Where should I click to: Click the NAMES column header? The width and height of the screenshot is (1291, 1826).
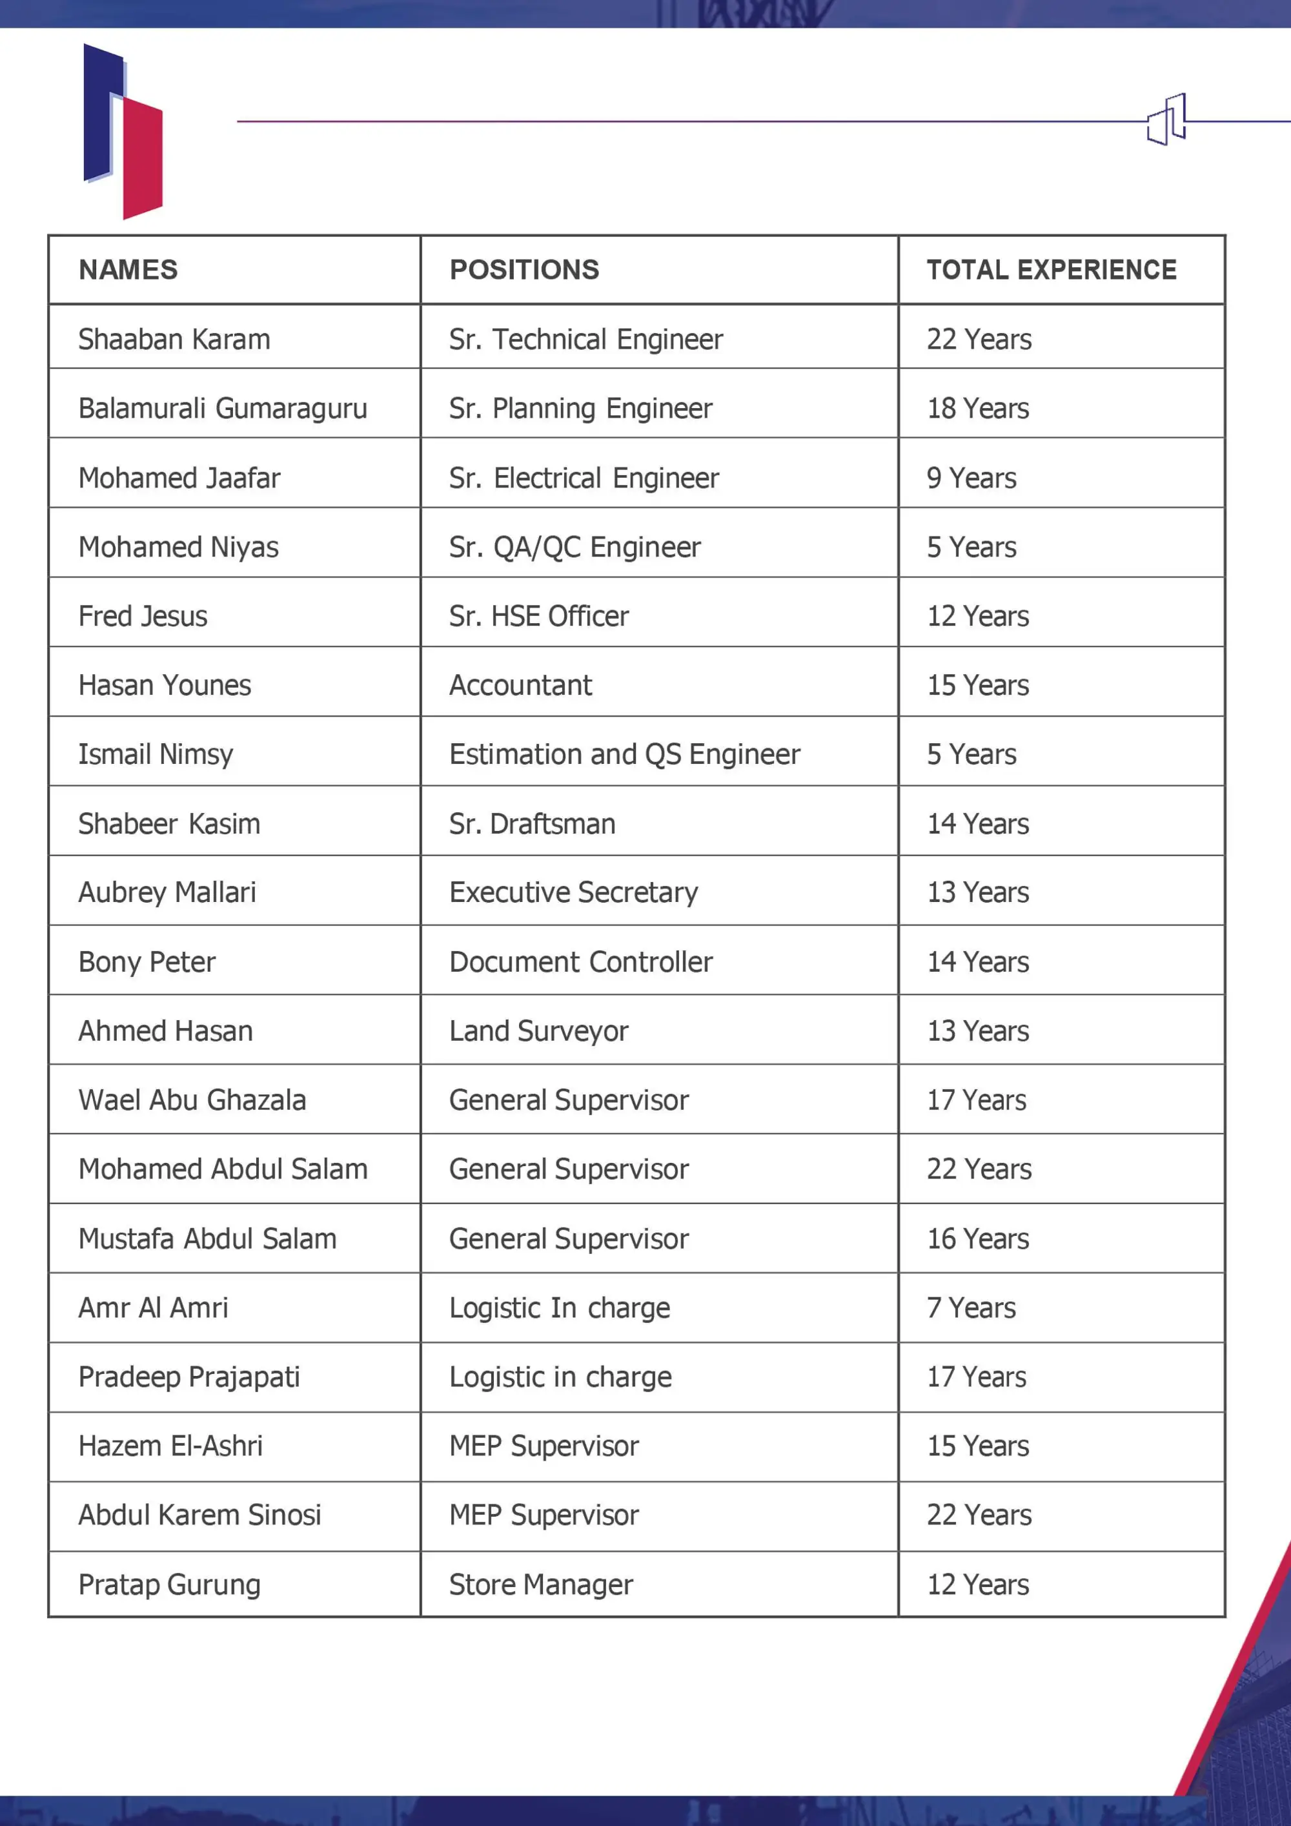[x=128, y=270]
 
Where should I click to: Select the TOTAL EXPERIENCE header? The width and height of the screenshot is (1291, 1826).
[x=1051, y=270]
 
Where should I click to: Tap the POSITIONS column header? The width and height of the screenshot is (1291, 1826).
[x=524, y=270]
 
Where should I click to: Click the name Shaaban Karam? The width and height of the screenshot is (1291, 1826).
[x=174, y=340]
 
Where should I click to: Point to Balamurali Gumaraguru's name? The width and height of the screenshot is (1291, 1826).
[x=223, y=409]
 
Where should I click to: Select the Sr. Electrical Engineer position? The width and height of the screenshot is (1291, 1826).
[x=584, y=478]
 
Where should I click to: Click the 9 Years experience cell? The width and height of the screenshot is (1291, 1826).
[x=971, y=478]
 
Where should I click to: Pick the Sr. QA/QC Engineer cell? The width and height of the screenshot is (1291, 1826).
[x=574, y=547]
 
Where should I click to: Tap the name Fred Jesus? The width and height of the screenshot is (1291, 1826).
[x=143, y=617]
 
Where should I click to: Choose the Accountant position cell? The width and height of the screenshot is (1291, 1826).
[x=521, y=686]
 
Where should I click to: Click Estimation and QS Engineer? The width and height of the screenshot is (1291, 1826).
[x=624, y=755]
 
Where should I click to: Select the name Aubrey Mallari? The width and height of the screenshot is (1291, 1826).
[x=167, y=892]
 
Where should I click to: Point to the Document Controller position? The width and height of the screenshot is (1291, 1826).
[x=580, y=962]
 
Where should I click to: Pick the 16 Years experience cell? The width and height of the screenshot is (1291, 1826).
[x=977, y=1239]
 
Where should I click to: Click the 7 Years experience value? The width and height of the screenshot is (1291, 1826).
[x=971, y=1308]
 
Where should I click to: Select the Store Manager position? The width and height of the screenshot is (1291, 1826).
[x=540, y=1585]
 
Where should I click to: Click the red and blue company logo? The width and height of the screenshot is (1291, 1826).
[x=123, y=131]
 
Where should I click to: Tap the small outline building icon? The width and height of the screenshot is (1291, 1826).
[x=1166, y=120]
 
